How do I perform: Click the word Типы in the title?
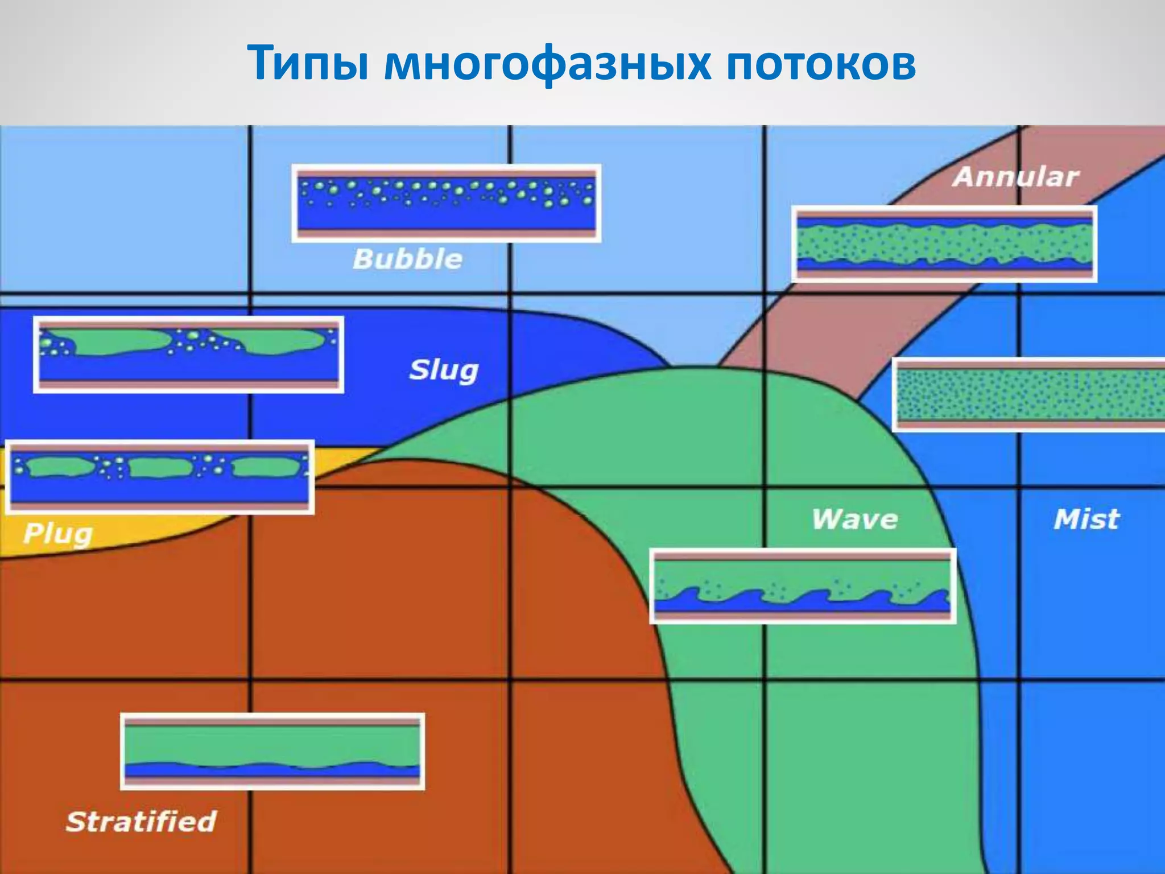pyautogui.click(x=309, y=64)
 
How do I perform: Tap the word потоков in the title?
pyautogui.click(x=820, y=64)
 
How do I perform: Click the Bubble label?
pyautogui.click(x=407, y=259)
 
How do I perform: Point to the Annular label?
pyautogui.click(x=1015, y=177)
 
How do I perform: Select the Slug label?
pyautogui.click(x=444, y=370)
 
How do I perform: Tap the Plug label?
pyautogui.click(x=57, y=534)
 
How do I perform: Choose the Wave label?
pyautogui.click(x=854, y=520)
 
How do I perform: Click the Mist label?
pyautogui.click(x=1086, y=520)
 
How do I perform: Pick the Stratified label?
pyautogui.click(x=141, y=822)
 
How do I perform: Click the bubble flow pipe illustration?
pyautogui.click(x=447, y=203)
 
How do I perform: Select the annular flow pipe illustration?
pyautogui.click(x=944, y=244)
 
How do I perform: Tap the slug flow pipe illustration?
pyautogui.click(x=188, y=354)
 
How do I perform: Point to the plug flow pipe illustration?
pyautogui.click(x=160, y=477)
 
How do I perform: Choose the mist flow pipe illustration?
pyautogui.click(x=1028, y=394)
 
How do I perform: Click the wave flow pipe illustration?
pyautogui.click(x=803, y=586)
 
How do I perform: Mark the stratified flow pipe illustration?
pyautogui.click(x=272, y=751)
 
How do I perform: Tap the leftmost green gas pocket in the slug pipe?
pyautogui.click(x=119, y=341)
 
